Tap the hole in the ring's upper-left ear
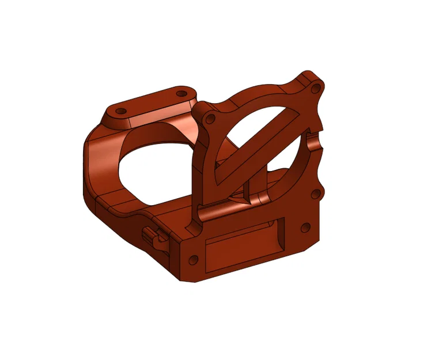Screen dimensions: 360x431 pyautogui.click(x=210, y=120)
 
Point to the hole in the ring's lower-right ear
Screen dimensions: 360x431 pyautogui.click(x=315, y=193)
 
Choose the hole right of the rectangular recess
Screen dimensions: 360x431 pyautogui.click(x=304, y=228)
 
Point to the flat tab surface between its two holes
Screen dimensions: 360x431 pyautogui.click(x=151, y=102)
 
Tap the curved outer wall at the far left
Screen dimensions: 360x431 pyautogui.click(x=92, y=167)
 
